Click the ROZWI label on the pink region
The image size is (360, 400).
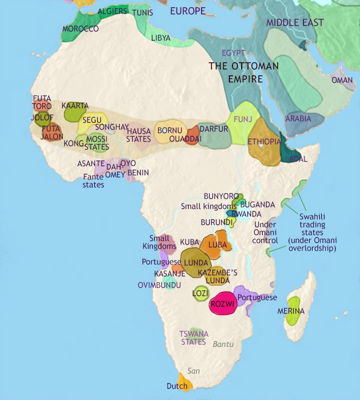click(223, 304)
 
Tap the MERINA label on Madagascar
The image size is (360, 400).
click(291, 311)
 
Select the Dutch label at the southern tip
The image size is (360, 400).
click(176, 386)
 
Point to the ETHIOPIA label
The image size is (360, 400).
click(264, 142)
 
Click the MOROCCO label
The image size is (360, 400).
click(80, 28)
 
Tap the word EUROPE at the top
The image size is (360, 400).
click(188, 11)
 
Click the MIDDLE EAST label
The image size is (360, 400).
click(295, 23)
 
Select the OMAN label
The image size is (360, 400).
click(342, 80)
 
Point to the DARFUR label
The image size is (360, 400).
click(213, 129)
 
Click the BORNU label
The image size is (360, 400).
click(169, 130)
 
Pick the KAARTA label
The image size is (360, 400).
click(75, 106)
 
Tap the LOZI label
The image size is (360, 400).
click(200, 293)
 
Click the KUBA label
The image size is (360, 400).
click(190, 242)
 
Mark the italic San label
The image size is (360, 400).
click(194, 371)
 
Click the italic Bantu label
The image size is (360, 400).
click(223, 344)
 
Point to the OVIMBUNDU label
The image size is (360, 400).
click(159, 285)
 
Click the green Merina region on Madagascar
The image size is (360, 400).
click(294, 319)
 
